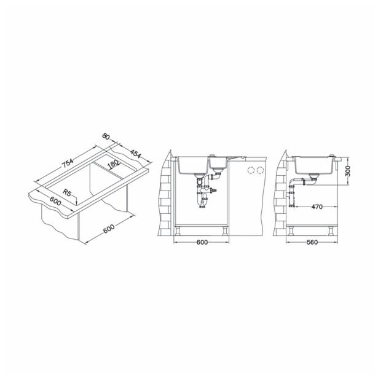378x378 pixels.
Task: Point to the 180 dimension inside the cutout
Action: coord(114,164)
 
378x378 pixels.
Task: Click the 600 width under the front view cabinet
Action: coord(202,242)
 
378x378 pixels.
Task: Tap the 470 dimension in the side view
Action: coord(317,207)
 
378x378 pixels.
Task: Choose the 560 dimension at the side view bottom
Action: coord(312,242)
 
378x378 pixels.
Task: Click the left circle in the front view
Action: coord(250,169)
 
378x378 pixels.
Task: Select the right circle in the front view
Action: coord(261,169)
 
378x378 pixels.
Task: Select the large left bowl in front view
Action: coord(193,166)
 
